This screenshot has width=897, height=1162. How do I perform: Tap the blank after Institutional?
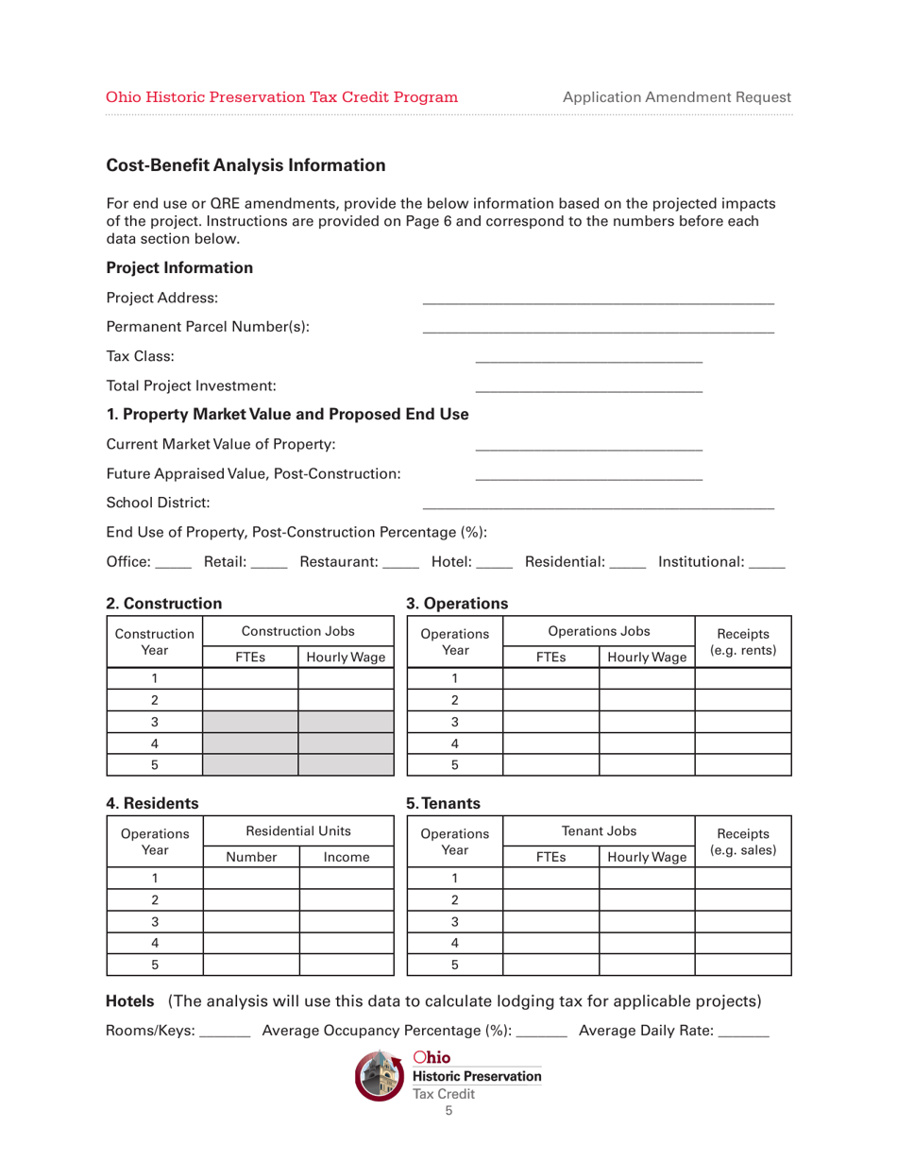click(767, 564)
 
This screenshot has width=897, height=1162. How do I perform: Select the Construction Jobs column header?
click(297, 630)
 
